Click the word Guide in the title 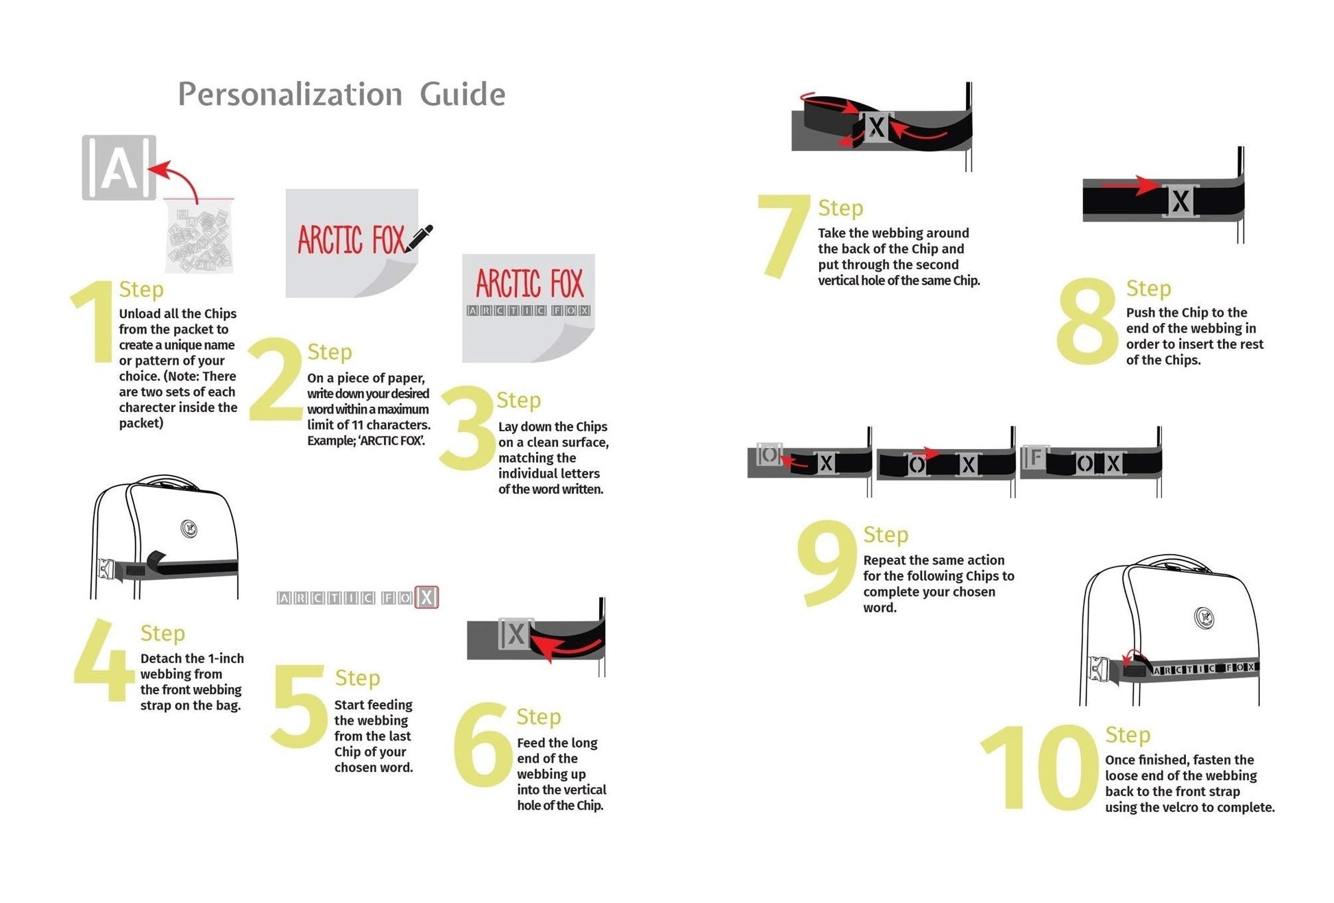463,94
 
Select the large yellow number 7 783,236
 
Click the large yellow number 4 104,660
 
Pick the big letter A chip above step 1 119,168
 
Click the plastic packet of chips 199,237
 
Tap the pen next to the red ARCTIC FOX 419,238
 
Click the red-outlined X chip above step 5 426,597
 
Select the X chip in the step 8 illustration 1180,201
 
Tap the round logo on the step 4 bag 189,529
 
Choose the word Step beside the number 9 886,535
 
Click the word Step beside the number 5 357,678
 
